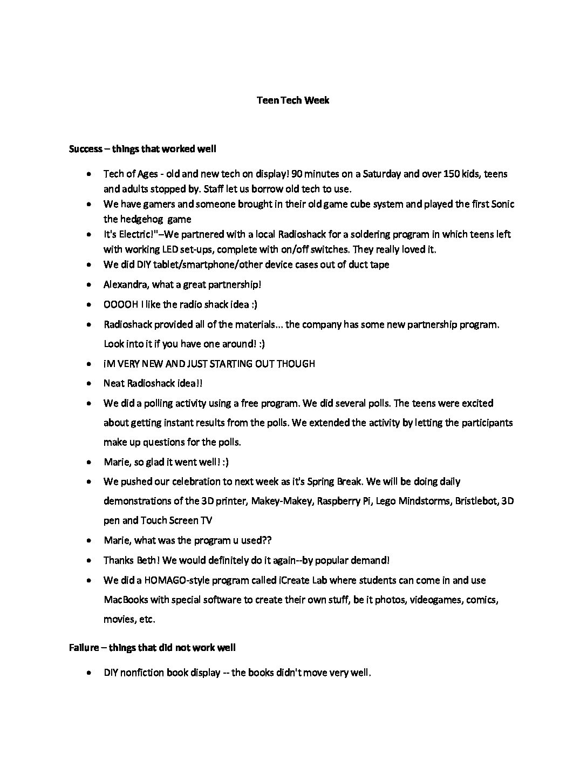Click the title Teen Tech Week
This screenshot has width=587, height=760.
(292, 100)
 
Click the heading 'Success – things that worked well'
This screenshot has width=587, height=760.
(142, 148)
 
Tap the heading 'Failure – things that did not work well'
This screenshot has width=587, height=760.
(152, 647)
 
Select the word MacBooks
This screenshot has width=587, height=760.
(124, 600)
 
